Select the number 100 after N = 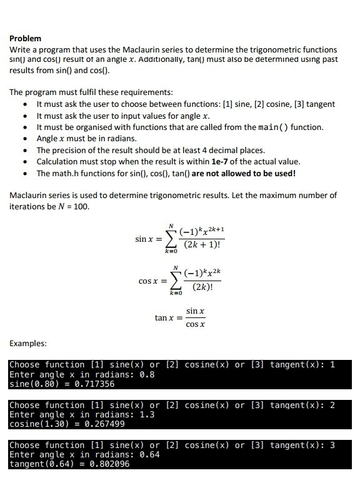tap(79, 206)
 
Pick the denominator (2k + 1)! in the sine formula tap(202, 247)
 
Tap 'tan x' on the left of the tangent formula tap(164, 318)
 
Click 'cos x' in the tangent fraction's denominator tap(196, 325)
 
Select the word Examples tap(28, 344)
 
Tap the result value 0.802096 tap(111, 465)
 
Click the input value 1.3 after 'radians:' tap(147, 415)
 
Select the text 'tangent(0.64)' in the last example tap(41, 465)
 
